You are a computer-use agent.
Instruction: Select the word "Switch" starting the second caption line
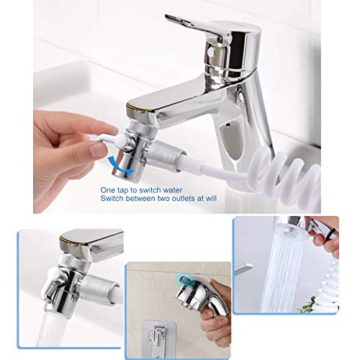[x=113, y=193]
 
